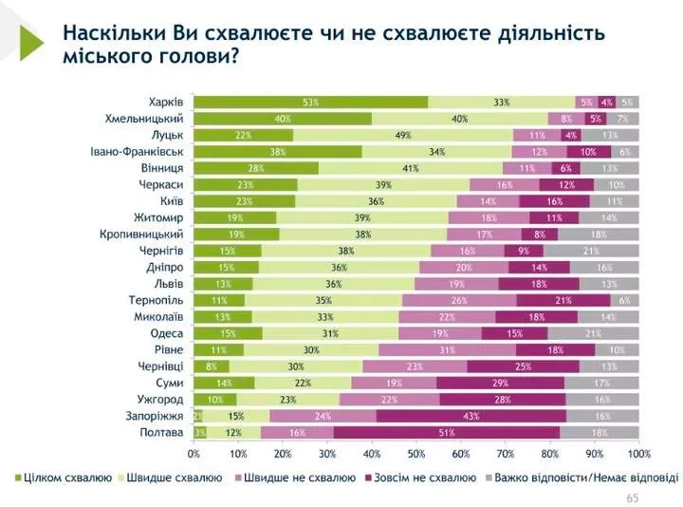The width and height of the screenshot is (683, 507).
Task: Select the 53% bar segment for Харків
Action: click(x=310, y=102)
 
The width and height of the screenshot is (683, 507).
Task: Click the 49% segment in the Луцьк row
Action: click(x=403, y=135)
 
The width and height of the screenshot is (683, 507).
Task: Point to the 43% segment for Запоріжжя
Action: click(x=471, y=415)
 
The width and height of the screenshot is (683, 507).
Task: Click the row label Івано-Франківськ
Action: click(x=137, y=151)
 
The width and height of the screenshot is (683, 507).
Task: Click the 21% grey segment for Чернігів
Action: click(x=591, y=251)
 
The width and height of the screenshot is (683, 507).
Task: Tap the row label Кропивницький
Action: click(x=142, y=234)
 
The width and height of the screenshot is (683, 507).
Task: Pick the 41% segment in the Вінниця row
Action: click(x=410, y=168)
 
